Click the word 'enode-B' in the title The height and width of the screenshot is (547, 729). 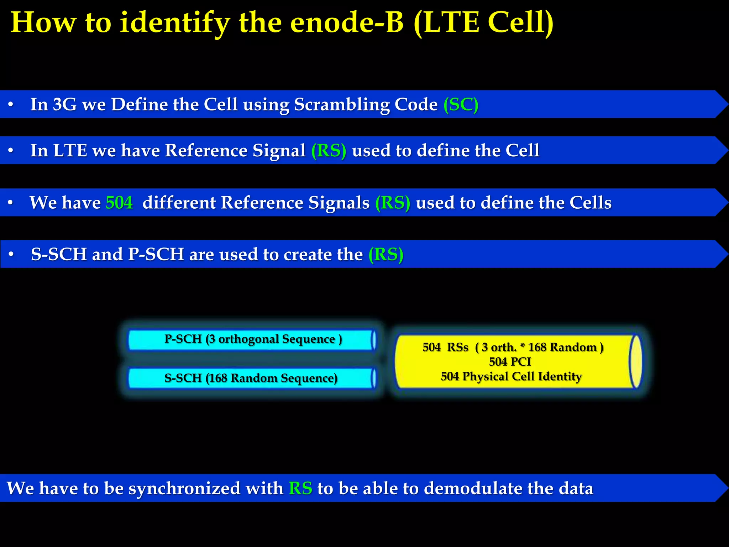347,22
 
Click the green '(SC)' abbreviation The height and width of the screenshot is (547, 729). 461,105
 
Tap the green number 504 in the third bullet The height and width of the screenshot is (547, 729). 119,203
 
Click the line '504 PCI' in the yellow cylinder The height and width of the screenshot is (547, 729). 510,362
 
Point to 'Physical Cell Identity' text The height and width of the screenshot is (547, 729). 522,376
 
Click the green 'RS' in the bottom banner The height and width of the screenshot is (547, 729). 300,488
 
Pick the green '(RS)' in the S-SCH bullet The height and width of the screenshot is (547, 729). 386,255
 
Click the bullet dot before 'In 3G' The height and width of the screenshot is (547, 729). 11,105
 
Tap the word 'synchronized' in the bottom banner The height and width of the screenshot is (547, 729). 184,488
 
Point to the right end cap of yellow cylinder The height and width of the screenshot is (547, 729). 636,362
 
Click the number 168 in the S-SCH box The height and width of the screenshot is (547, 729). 218,378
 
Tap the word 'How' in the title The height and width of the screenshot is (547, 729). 43,22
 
